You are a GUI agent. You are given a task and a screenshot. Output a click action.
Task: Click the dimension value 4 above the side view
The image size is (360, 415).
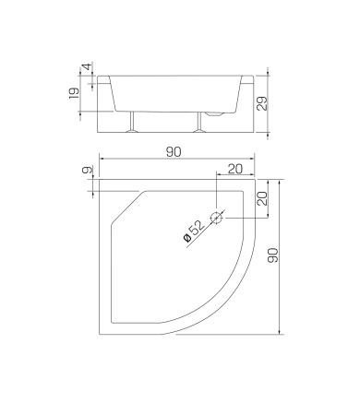pyautogui.click(x=87, y=66)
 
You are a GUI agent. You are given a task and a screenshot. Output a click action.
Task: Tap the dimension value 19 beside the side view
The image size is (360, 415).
pyautogui.click(x=74, y=93)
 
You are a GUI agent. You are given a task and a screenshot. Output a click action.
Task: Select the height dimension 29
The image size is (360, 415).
pyautogui.click(x=262, y=103)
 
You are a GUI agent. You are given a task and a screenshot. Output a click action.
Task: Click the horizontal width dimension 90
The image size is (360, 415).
pyautogui.click(x=174, y=152)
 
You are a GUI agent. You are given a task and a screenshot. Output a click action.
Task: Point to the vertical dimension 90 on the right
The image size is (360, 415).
pyautogui.click(x=273, y=255)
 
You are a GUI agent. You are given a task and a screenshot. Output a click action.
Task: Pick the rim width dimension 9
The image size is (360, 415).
pyautogui.click(x=88, y=170)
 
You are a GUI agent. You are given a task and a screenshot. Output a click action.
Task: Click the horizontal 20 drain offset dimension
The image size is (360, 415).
pyautogui.click(x=235, y=169)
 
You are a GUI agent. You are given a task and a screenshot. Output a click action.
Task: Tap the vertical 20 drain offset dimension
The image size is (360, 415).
pyautogui.click(x=262, y=198)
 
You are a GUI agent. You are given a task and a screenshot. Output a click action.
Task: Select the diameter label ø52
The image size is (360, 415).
pyautogui.click(x=194, y=231)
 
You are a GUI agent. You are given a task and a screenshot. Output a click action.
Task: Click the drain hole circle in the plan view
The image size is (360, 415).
pyautogui.click(x=216, y=218)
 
